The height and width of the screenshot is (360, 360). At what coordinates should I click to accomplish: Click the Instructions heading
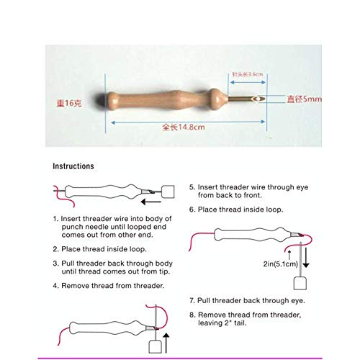click(73, 166)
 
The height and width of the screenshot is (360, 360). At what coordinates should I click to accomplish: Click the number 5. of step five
click(192, 186)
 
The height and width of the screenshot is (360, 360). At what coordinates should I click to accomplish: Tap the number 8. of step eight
click(192, 314)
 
